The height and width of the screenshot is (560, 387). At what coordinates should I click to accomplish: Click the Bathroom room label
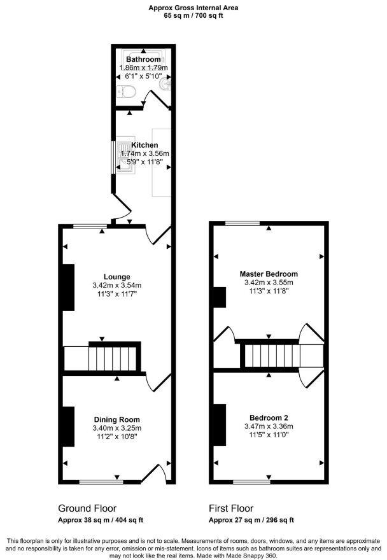[143, 59]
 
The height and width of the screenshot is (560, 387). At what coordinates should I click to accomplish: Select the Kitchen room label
[144, 145]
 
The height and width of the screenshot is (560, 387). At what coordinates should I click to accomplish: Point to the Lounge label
[117, 277]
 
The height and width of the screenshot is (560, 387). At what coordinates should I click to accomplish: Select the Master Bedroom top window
[243, 223]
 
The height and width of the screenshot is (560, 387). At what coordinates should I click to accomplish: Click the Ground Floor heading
[87, 508]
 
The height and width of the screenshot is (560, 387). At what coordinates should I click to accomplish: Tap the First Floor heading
[231, 508]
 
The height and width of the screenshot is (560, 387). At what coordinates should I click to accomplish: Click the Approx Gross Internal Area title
[193, 8]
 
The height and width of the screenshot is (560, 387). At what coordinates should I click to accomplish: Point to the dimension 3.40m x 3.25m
[117, 428]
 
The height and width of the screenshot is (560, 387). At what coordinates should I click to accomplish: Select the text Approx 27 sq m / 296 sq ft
[251, 520]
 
